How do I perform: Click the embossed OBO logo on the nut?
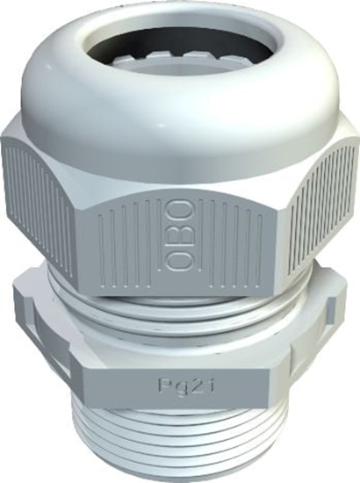(x=179, y=235)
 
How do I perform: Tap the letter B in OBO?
(x=179, y=235)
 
